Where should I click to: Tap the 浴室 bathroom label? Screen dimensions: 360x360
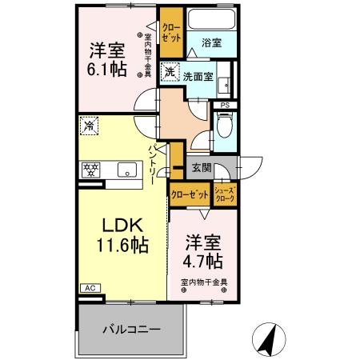click(x=211, y=42)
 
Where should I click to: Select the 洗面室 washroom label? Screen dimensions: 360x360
click(x=197, y=77)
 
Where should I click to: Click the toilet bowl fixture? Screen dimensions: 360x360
click(x=224, y=127)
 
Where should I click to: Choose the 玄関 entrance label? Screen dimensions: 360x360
click(x=202, y=168)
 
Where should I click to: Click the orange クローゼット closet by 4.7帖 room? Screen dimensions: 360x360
click(x=190, y=192)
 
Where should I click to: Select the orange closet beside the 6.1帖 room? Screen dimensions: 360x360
click(x=170, y=34)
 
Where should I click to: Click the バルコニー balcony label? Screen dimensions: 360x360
click(x=131, y=329)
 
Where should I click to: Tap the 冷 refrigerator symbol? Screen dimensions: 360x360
click(x=90, y=126)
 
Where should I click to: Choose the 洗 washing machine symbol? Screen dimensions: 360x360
click(x=169, y=73)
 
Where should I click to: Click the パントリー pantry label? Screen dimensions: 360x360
click(x=152, y=163)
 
